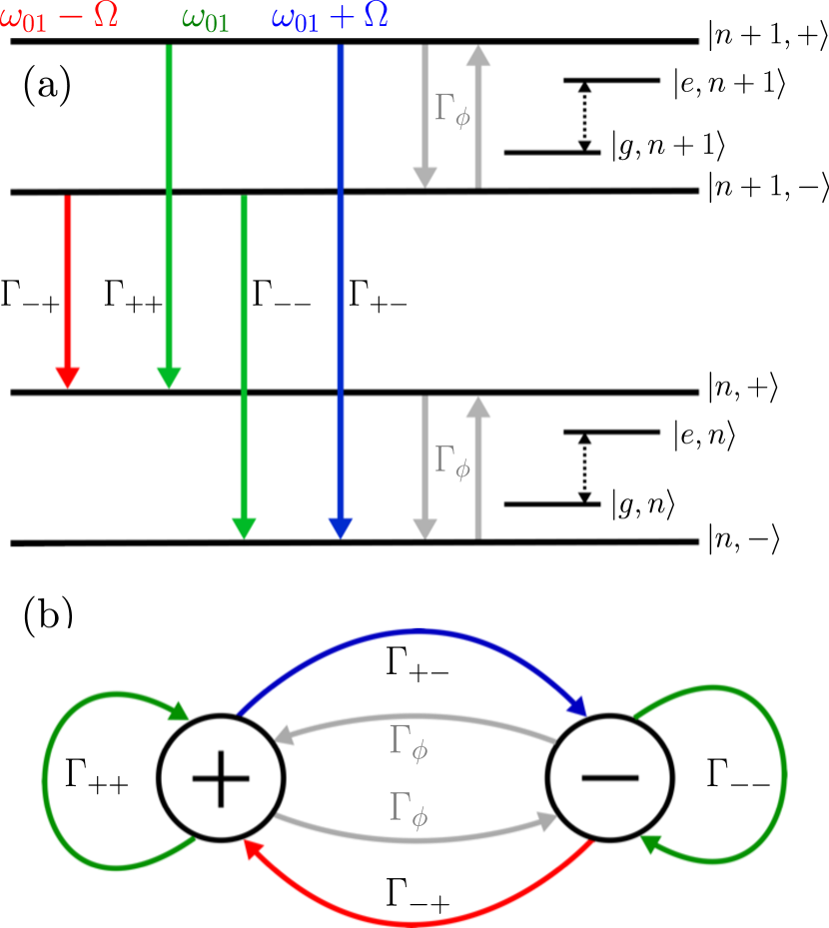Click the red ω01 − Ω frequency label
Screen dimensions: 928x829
point(60,17)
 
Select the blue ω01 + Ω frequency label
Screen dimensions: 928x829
point(330,17)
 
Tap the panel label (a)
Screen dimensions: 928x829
point(46,87)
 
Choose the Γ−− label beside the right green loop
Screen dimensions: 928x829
point(737,777)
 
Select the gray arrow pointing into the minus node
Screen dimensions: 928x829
point(419,822)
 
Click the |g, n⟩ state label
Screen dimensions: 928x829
point(643,505)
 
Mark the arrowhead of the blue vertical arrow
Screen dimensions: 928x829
point(342,527)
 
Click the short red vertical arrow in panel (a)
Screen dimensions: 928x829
point(67,290)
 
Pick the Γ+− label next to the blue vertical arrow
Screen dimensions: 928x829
point(378,297)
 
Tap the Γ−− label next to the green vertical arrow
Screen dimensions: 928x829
point(281,297)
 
